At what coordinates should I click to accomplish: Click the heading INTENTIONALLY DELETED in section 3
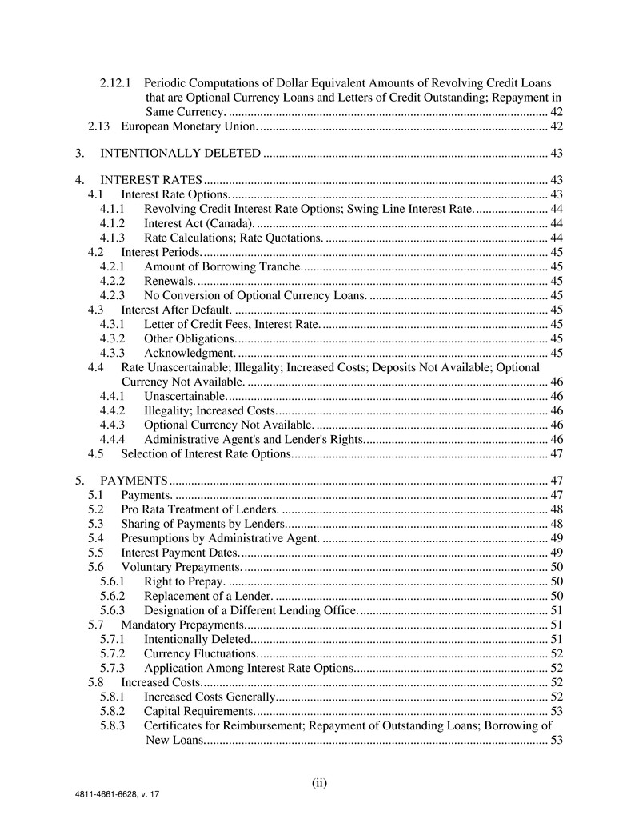(180, 153)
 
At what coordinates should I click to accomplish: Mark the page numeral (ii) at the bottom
(319, 782)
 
